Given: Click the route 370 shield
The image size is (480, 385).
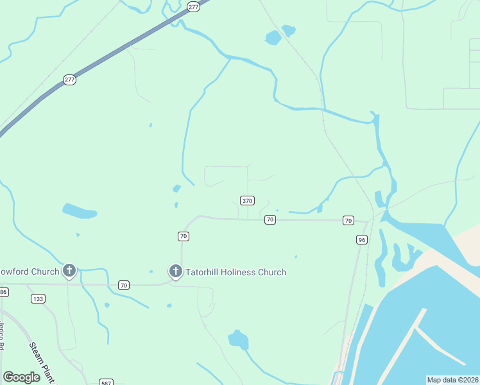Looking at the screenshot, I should pyautogui.click(x=247, y=200).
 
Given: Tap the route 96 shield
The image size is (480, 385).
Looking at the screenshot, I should pyautogui.click(x=362, y=239).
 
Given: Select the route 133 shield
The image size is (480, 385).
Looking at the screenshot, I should pyautogui.click(x=39, y=298).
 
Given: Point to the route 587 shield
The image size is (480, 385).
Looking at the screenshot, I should pyautogui.click(x=107, y=382).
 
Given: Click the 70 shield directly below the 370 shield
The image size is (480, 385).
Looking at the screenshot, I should pyautogui.click(x=270, y=219).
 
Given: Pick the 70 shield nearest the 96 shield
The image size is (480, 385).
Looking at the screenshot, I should pyautogui.click(x=348, y=220).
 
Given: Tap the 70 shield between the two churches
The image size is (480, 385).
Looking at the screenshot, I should pyautogui.click(x=124, y=284).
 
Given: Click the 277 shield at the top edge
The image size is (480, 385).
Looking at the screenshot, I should pyautogui.click(x=194, y=6).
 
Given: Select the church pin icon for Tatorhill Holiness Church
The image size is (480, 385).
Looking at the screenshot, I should pyautogui.click(x=175, y=271).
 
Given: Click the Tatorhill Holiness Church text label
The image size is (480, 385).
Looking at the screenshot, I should pyautogui.click(x=236, y=272).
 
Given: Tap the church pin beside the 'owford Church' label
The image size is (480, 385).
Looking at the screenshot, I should pyautogui.click(x=69, y=270).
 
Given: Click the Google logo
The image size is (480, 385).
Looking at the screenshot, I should pyautogui.click(x=21, y=377).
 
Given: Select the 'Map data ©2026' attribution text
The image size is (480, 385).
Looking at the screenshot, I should pyautogui.click(x=452, y=380).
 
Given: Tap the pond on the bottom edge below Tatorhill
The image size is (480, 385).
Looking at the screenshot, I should pyautogui.click(x=238, y=339).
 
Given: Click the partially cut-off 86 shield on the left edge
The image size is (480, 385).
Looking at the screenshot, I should pyautogui.click(x=3, y=292).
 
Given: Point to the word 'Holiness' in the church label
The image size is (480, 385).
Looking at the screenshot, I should pyautogui.click(x=236, y=272).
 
